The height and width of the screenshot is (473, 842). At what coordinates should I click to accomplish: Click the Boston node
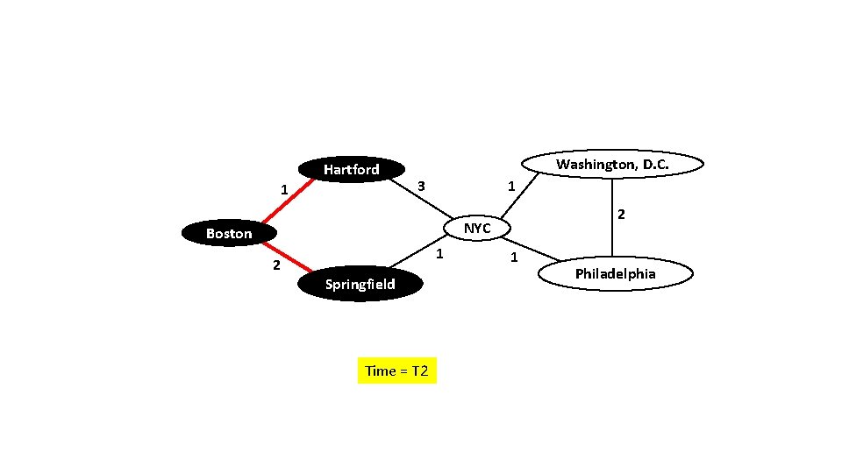click(x=229, y=233)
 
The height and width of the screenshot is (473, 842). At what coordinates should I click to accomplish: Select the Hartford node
click(x=351, y=169)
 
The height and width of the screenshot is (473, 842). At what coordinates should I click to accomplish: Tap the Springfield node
click(x=360, y=284)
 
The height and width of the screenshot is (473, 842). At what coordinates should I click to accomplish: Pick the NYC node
click(x=477, y=228)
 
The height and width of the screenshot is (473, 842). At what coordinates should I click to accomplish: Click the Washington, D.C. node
click(x=612, y=164)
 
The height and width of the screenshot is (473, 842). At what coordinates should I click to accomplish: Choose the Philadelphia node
click(x=615, y=274)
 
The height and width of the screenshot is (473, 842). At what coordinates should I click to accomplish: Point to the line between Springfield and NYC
click(x=417, y=251)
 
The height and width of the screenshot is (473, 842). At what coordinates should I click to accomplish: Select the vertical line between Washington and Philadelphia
click(x=612, y=215)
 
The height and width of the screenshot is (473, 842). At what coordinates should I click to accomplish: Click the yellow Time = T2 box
click(x=396, y=371)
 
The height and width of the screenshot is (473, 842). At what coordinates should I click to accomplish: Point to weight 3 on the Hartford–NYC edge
click(x=421, y=187)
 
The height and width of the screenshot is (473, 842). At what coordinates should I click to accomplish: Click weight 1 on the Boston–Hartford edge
click(x=283, y=189)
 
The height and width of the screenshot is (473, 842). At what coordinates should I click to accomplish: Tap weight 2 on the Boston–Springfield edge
click(x=275, y=265)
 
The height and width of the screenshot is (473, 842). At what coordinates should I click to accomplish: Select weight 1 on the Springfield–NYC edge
click(x=440, y=254)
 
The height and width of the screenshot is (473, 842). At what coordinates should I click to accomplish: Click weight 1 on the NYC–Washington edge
click(x=511, y=186)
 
